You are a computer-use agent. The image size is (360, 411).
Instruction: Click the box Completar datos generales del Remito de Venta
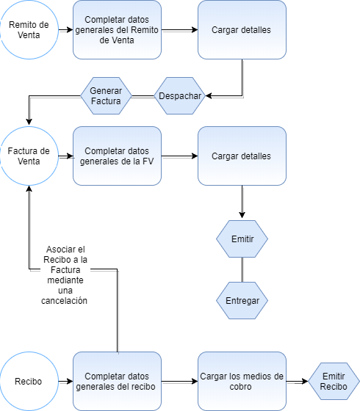(x=117, y=29)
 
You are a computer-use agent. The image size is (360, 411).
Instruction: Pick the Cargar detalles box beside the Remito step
(x=242, y=29)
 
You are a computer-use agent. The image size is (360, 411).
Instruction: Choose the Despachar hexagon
(x=180, y=95)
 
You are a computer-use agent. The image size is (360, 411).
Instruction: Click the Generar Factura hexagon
(x=106, y=95)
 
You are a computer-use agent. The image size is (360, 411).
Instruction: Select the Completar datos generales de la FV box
(x=117, y=156)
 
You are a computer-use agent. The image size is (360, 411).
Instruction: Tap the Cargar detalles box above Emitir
(x=242, y=156)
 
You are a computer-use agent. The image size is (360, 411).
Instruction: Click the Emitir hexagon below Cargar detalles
(x=242, y=239)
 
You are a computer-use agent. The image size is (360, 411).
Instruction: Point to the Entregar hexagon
(x=242, y=300)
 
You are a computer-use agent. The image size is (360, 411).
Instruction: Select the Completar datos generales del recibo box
(x=117, y=381)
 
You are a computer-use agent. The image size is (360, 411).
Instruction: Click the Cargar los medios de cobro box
(x=242, y=381)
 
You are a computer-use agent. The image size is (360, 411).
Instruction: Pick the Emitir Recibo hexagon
(x=334, y=381)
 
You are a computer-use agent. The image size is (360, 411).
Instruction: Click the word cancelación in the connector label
(x=65, y=301)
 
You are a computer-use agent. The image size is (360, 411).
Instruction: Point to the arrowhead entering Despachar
(x=209, y=96)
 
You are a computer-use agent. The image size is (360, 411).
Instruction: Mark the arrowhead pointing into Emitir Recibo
(x=305, y=381)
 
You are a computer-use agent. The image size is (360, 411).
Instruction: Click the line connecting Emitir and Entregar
(x=242, y=270)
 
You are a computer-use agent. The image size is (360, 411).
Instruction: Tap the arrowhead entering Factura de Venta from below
(x=29, y=189)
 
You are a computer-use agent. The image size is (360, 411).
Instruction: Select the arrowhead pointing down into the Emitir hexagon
(x=242, y=214)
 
